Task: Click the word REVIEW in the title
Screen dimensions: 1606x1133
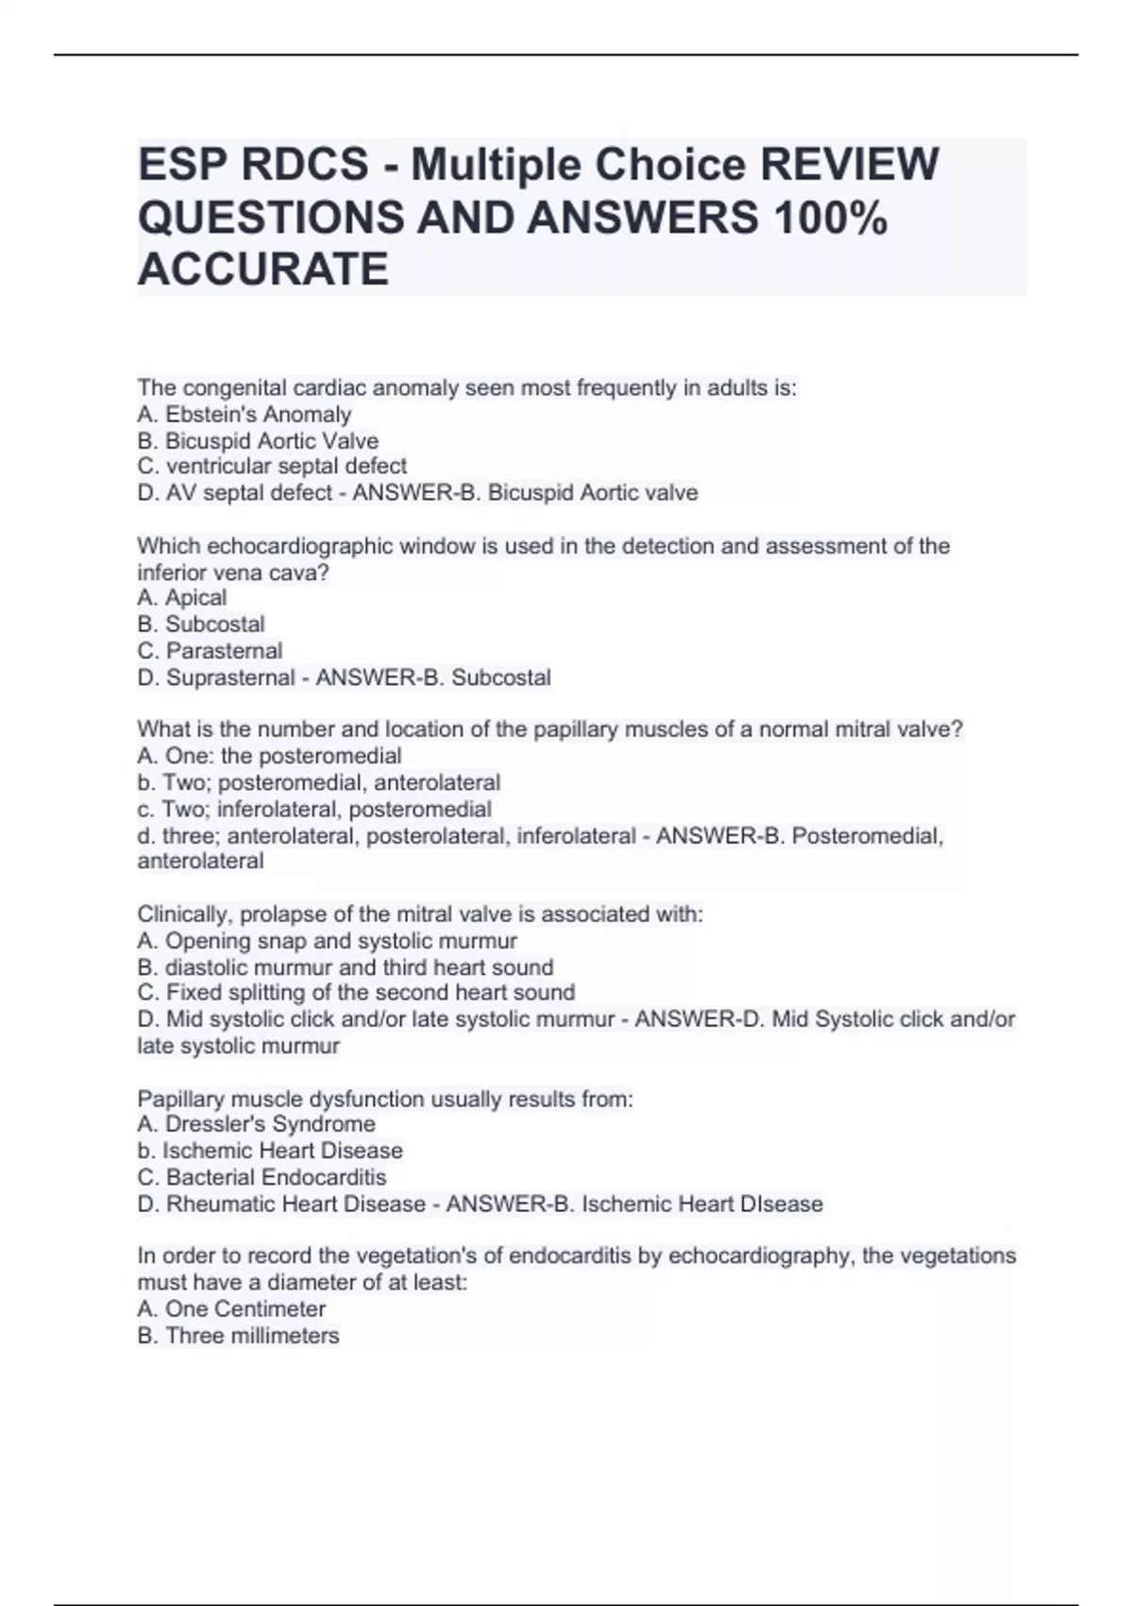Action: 849,165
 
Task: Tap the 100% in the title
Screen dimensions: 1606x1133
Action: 830,218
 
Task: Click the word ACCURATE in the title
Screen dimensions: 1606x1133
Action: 263,269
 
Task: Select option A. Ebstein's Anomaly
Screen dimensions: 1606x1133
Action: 245,415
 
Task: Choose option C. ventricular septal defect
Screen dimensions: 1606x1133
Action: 272,467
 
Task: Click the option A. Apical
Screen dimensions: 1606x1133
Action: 182,598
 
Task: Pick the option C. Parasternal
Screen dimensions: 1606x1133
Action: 210,651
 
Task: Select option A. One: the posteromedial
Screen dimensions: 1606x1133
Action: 269,756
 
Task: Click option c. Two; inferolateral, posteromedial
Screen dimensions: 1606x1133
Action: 314,810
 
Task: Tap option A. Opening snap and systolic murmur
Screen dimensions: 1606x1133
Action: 327,941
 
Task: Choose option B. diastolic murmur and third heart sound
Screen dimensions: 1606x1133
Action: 346,967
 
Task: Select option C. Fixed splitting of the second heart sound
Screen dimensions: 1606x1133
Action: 356,993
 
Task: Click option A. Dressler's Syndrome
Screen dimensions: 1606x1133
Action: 256,1124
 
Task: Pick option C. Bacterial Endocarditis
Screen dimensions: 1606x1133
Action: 262,1177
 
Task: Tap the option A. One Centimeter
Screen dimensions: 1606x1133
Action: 231,1309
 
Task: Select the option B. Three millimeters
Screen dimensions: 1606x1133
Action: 238,1336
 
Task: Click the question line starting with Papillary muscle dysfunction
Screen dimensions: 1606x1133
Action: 385,1099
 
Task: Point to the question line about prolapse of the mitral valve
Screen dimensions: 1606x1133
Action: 420,914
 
